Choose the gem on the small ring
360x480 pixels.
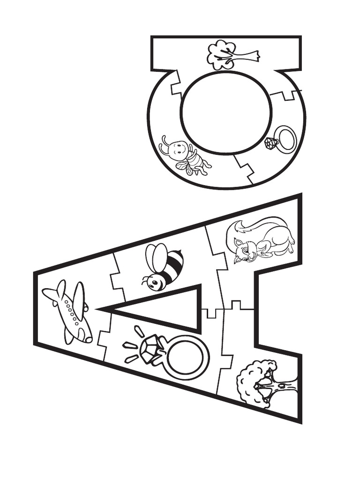click(x=270, y=142)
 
